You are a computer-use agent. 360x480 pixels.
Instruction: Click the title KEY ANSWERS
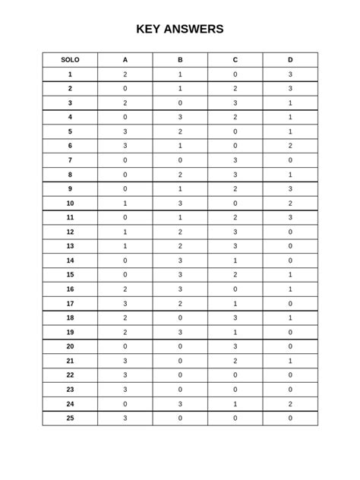click(x=180, y=30)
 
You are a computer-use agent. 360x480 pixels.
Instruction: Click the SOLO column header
click(x=70, y=60)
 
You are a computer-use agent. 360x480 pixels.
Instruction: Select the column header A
click(x=125, y=60)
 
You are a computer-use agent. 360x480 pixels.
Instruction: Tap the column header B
click(x=180, y=60)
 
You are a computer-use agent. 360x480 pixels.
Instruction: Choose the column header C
click(x=235, y=60)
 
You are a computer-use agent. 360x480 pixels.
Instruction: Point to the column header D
click(x=290, y=60)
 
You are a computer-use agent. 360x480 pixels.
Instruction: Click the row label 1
click(x=70, y=74)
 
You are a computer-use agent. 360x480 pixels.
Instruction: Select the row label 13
click(x=70, y=246)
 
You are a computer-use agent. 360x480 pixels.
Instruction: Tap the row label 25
click(x=70, y=418)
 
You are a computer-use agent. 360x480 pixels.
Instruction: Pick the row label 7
click(x=70, y=160)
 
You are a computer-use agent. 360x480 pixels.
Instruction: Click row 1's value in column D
click(x=290, y=74)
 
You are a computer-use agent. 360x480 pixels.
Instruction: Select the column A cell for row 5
click(x=125, y=131)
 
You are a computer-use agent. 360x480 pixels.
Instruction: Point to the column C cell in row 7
click(x=235, y=160)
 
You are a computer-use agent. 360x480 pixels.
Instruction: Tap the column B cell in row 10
click(x=180, y=204)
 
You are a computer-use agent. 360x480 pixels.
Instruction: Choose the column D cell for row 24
click(x=290, y=403)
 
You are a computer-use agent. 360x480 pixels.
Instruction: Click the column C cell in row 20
click(x=235, y=346)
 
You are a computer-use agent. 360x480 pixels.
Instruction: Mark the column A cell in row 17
click(x=125, y=303)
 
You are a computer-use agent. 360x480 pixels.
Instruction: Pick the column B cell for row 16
click(x=180, y=289)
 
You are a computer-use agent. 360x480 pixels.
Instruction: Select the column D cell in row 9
click(x=290, y=189)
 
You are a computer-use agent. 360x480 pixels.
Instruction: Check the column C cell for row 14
click(x=235, y=261)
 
